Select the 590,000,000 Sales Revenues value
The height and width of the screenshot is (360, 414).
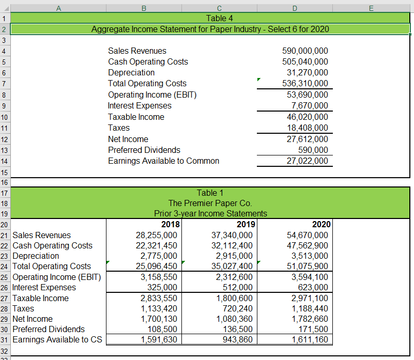pos(305,51)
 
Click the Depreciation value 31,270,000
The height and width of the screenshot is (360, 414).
pos(308,72)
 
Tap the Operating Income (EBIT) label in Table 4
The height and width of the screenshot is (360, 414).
pos(152,95)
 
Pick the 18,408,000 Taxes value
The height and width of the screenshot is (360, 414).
pos(308,128)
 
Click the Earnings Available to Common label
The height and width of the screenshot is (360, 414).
pos(163,161)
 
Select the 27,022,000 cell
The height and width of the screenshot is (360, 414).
pos(308,161)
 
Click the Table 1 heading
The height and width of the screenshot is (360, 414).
pos(210,193)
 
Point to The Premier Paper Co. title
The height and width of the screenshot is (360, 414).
pos(210,203)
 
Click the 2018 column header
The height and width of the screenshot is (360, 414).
pos(170,224)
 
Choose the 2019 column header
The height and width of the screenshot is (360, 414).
pos(246,224)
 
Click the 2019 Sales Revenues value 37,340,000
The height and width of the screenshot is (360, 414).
pos(232,235)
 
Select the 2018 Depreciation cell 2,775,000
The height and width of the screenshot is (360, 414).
pos(160,256)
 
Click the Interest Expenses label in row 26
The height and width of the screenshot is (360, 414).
pos(44,287)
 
